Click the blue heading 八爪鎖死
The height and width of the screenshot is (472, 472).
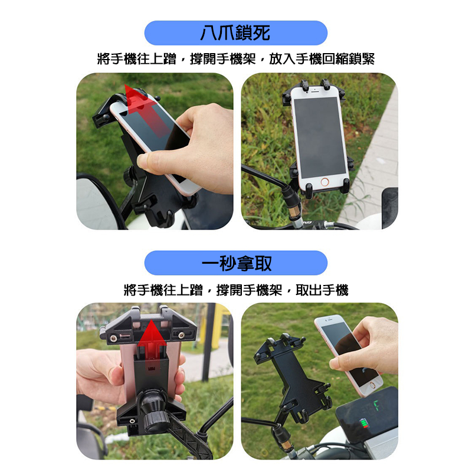click(235, 33)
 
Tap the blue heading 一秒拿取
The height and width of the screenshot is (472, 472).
click(235, 263)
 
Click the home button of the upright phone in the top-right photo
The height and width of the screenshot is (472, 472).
click(324, 182)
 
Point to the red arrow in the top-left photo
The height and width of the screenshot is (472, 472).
click(146, 110)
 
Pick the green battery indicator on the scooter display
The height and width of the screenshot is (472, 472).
click(365, 422)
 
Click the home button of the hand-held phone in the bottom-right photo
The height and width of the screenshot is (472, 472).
click(372, 385)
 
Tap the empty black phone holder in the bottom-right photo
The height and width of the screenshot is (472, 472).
click(293, 376)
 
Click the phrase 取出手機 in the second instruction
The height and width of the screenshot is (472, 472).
click(322, 290)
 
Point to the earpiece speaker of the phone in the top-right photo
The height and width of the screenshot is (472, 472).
click(315, 91)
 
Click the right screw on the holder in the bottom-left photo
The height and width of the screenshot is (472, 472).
click(181, 335)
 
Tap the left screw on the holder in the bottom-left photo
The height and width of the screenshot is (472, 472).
click(113, 338)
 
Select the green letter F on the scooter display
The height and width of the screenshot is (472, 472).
click(376, 406)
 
